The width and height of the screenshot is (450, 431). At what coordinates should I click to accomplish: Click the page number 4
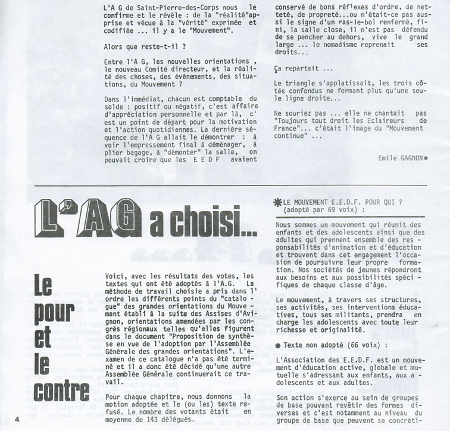18,418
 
